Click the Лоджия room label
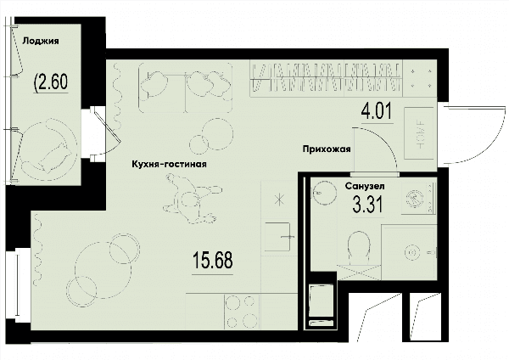(x=41, y=41)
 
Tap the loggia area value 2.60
(x=51, y=82)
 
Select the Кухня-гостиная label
(x=169, y=164)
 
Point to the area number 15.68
(x=213, y=261)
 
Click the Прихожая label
(x=327, y=149)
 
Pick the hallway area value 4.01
(x=377, y=110)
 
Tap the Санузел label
(x=365, y=186)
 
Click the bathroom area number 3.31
(x=368, y=205)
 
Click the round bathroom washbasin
(x=324, y=192)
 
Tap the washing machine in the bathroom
(x=417, y=198)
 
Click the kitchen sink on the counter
(x=278, y=237)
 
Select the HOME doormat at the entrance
(x=419, y=133)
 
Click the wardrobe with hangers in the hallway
(x=326, y=78)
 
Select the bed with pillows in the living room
(x=186, y=87)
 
